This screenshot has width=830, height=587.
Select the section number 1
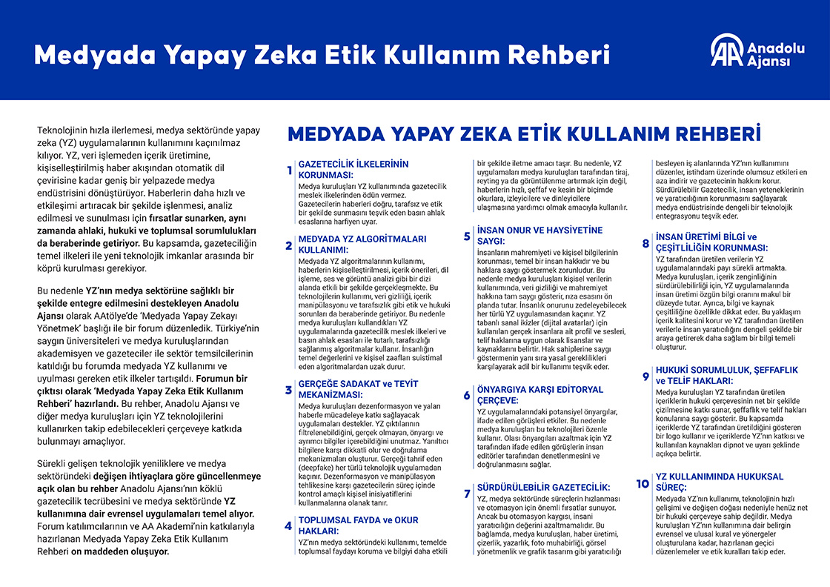point(289,171)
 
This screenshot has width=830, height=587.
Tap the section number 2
point(289,246)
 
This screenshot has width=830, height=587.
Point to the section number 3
point(289,390)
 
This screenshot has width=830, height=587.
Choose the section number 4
point(289,526)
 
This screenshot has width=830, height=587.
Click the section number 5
point(467,236)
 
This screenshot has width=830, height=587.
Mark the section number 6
point(467,395)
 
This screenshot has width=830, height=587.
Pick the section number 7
point(467,494)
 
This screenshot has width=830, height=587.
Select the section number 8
point(645,243)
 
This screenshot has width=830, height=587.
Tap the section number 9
point(645,377)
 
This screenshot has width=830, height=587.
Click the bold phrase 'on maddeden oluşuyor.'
point(120,551)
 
